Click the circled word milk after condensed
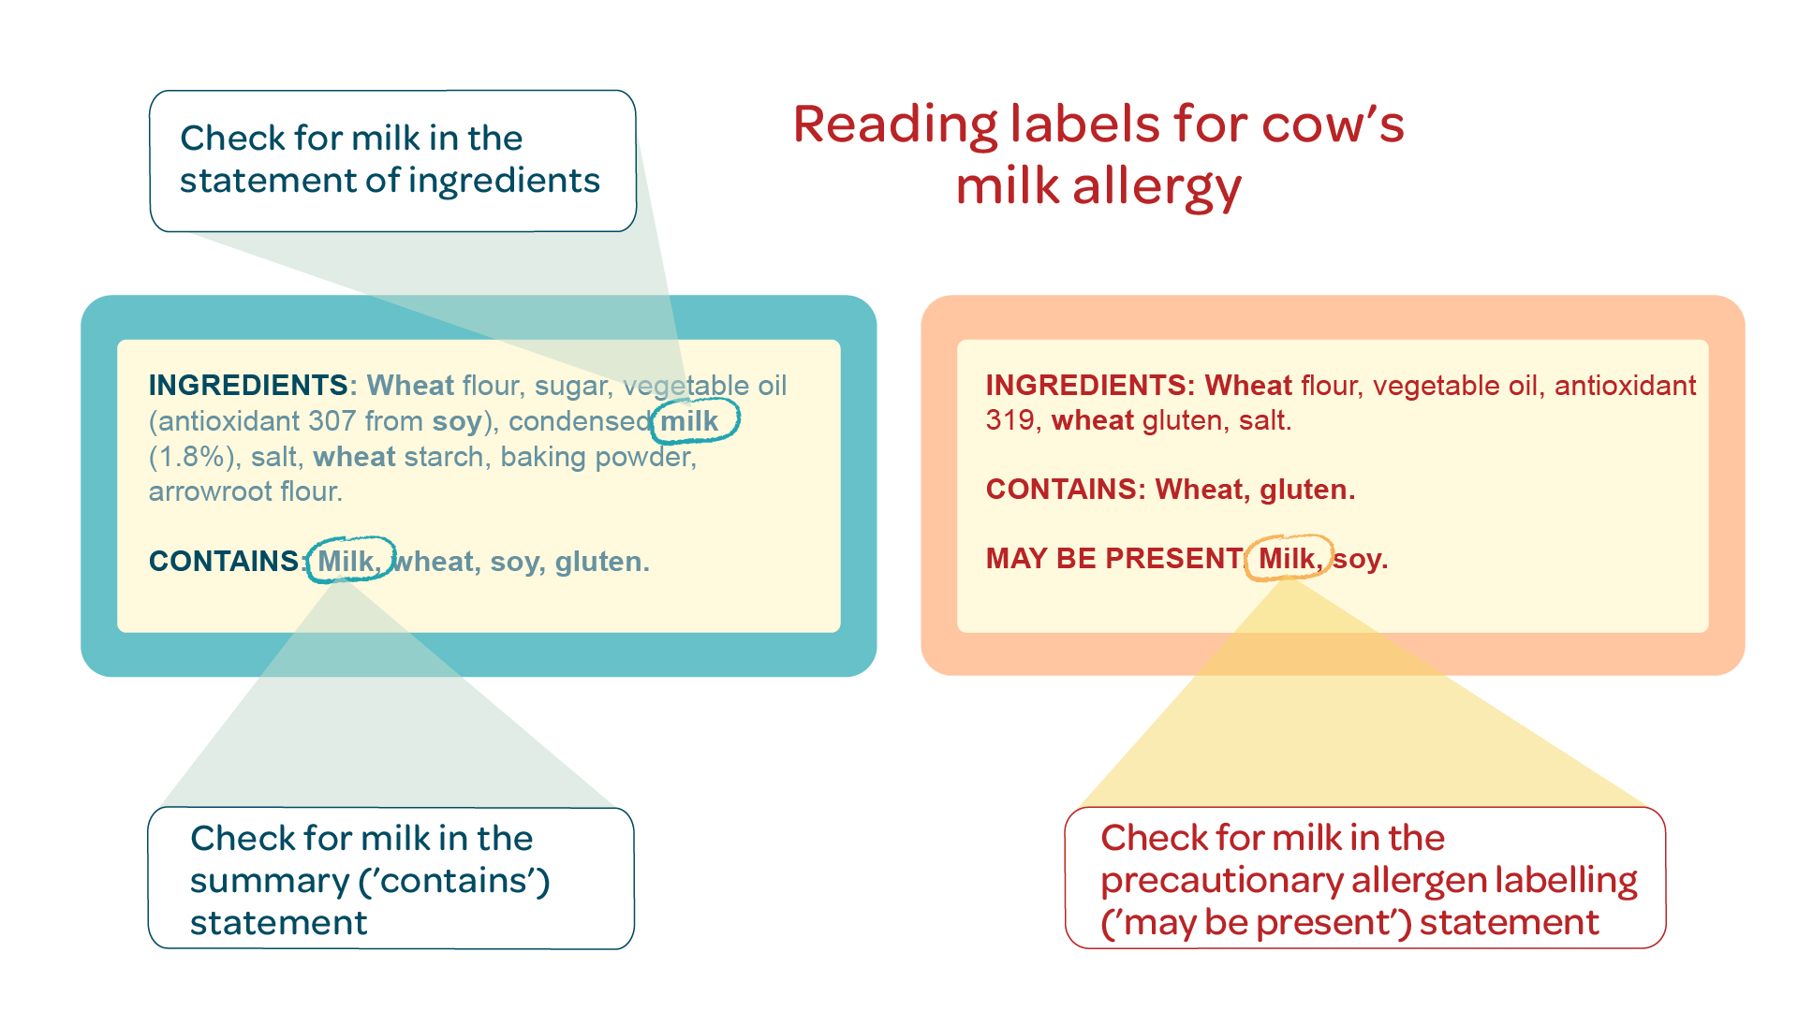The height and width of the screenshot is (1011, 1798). [689, 421]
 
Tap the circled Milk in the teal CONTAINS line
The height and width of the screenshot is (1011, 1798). [346, 561]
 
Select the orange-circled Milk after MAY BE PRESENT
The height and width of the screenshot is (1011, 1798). [1287, 558]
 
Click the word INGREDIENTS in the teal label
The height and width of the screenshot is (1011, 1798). [248, 385]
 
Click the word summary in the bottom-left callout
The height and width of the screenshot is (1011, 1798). [270, 882]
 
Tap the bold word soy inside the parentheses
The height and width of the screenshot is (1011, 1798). [456, 421]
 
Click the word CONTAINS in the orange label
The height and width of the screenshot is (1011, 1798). [1062, 489]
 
